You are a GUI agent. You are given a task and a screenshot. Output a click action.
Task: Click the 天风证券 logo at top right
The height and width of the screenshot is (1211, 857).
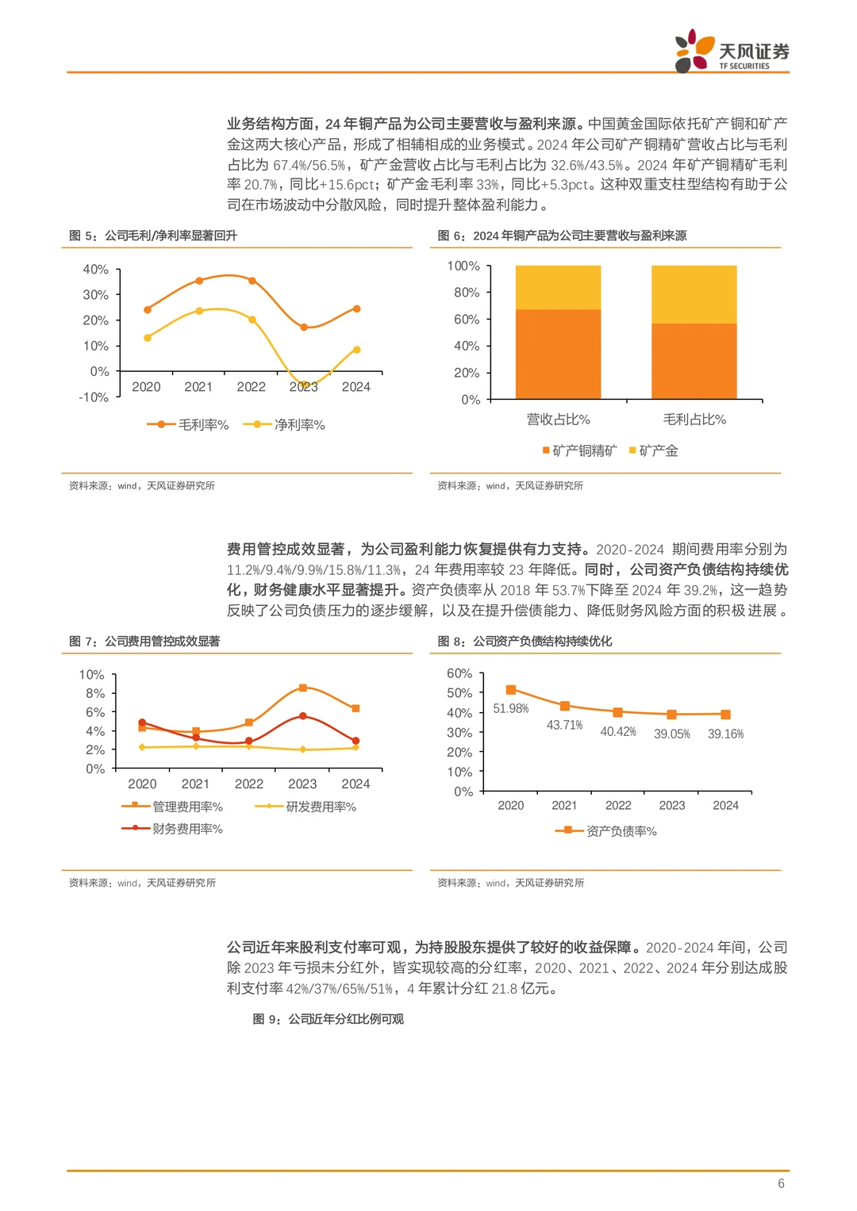click(732, 52)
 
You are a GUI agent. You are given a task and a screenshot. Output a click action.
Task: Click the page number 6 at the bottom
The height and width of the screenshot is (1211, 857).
click(781, 1183)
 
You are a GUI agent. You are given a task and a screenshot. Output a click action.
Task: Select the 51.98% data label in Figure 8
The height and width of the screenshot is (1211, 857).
click(510, 708)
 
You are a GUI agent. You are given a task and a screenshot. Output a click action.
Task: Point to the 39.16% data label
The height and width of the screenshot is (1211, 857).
click(725, 734)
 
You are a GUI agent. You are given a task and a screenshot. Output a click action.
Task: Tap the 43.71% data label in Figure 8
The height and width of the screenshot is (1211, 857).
click(564, 725)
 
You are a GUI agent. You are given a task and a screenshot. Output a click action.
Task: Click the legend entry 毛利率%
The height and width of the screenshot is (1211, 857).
click(189, 425)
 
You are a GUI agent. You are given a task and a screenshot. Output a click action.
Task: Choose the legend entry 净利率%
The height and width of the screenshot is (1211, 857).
click(285, 425)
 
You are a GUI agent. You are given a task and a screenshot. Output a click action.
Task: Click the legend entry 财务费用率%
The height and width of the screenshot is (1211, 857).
click(173, 829)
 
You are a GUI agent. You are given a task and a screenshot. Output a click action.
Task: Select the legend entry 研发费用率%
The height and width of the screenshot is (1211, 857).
click(306, 807)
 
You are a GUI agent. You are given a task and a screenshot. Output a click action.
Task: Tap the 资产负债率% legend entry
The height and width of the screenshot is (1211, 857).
click(607, 831)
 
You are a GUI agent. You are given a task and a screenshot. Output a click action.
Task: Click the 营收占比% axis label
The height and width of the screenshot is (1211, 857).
click(558, 420)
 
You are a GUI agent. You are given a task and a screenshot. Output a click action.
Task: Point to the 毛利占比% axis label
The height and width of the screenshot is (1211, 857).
click(694, 420)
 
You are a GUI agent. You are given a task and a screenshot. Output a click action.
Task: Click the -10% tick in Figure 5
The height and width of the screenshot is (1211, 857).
click(94, 397)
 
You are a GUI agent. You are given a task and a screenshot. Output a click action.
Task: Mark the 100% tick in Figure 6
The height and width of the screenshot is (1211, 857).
click(463, 266)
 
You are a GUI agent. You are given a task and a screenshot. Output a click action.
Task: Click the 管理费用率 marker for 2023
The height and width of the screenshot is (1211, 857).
click(302, 688)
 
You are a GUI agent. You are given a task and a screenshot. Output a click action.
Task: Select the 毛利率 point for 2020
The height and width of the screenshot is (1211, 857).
click(147, 310)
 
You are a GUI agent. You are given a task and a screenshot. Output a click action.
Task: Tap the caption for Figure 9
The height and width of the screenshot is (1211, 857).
click(328, 1019)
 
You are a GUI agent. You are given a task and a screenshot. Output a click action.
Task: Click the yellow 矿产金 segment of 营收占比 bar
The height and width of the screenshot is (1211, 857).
click(558, 287)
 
